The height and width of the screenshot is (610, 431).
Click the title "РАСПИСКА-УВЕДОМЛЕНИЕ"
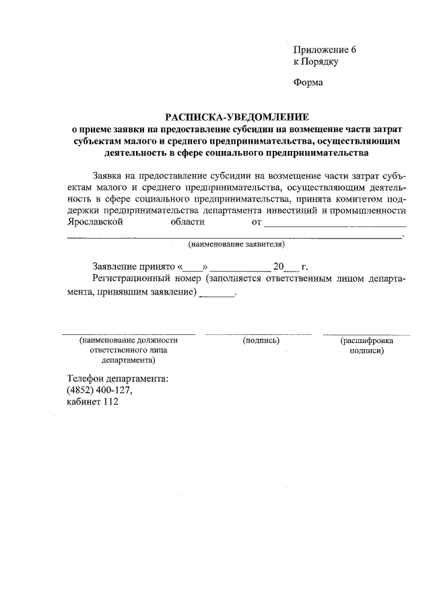236,117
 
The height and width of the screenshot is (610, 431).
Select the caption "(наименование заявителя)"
236,243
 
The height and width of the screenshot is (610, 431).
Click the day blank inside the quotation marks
192,267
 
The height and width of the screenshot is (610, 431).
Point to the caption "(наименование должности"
128,341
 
